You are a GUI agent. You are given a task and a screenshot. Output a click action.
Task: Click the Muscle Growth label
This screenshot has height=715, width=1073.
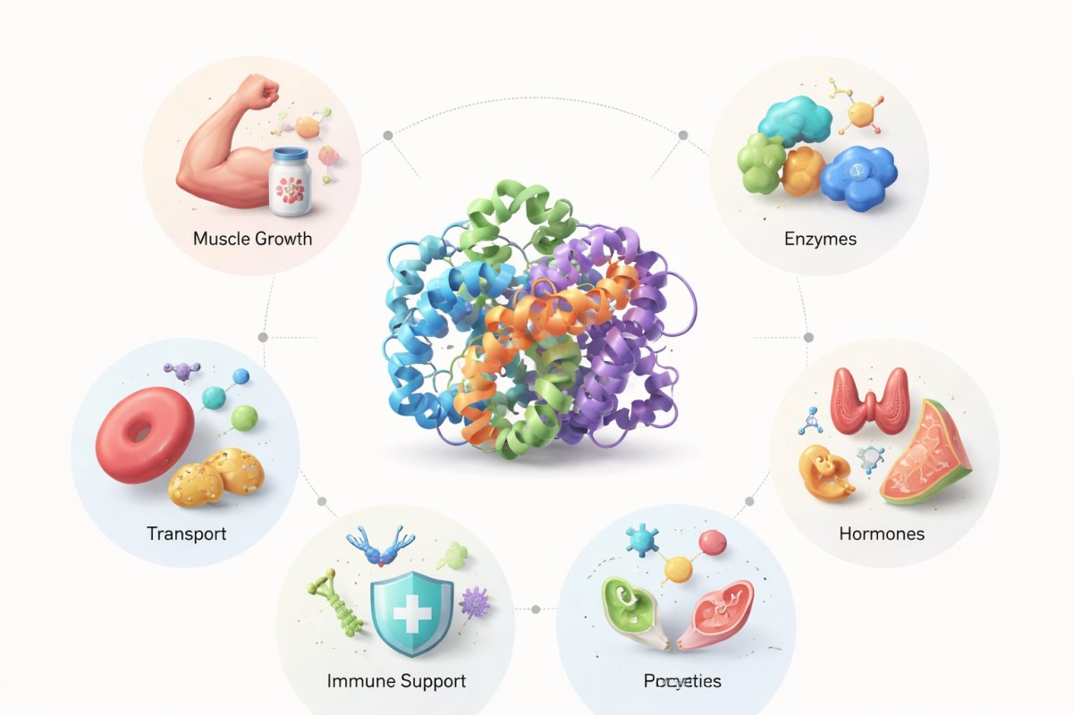point(252,239)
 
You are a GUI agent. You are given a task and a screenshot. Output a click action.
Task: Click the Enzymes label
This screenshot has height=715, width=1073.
point(820,239)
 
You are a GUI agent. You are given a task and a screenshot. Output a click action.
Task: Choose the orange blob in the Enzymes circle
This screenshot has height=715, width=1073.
point(803,172)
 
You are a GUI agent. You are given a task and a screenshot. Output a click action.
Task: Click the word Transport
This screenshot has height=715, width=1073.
point(186,534)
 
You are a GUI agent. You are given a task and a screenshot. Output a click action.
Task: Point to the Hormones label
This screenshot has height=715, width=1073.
point(881,534)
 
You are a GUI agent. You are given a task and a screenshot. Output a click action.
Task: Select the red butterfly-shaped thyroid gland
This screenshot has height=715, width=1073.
point(869,400)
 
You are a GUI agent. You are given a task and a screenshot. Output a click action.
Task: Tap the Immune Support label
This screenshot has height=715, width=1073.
point(396,681)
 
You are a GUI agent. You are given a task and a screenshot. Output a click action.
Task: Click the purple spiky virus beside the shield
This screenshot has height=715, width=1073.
point(474,601)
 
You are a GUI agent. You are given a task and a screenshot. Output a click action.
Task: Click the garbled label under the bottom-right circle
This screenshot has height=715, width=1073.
point(682,681)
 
